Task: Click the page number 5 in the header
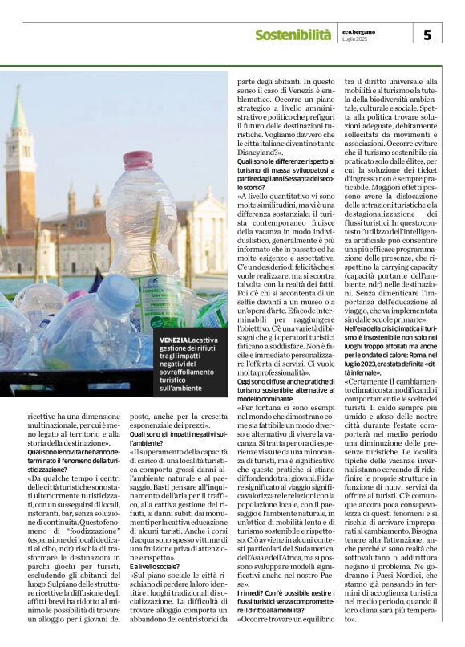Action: pos(427,34)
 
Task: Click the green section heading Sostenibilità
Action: pos(293,35)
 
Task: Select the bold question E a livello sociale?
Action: pos(156,543)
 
